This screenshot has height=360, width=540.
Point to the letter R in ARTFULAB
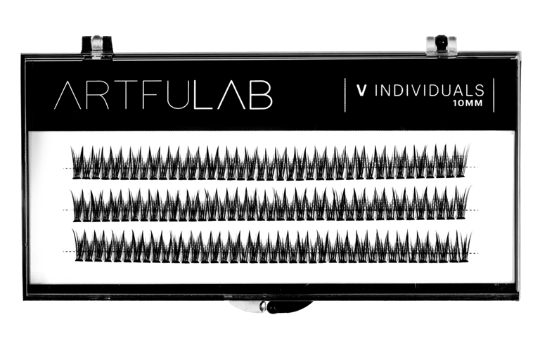coord(98,97)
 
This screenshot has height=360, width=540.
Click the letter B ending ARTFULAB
coord(260,97)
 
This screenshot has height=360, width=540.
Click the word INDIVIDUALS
coord(430,91)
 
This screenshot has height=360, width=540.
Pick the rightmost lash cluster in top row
coord(462,161)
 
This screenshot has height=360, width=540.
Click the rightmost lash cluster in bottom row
coord(463,242)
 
